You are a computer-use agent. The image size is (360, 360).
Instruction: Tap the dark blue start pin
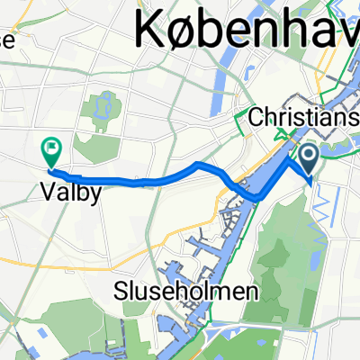click(309, 160)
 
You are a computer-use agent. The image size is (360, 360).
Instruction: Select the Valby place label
click(67, 191)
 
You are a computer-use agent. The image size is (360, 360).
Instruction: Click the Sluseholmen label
click(185, 292)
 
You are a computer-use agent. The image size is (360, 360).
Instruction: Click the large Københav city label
click(247, 31)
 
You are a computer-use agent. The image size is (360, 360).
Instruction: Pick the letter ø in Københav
click(190, 34)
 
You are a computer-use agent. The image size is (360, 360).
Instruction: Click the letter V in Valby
click(49, 191)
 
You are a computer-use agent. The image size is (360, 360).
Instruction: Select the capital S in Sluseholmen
click(121, 292)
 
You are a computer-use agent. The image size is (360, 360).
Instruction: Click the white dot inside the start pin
click(309, 157)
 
